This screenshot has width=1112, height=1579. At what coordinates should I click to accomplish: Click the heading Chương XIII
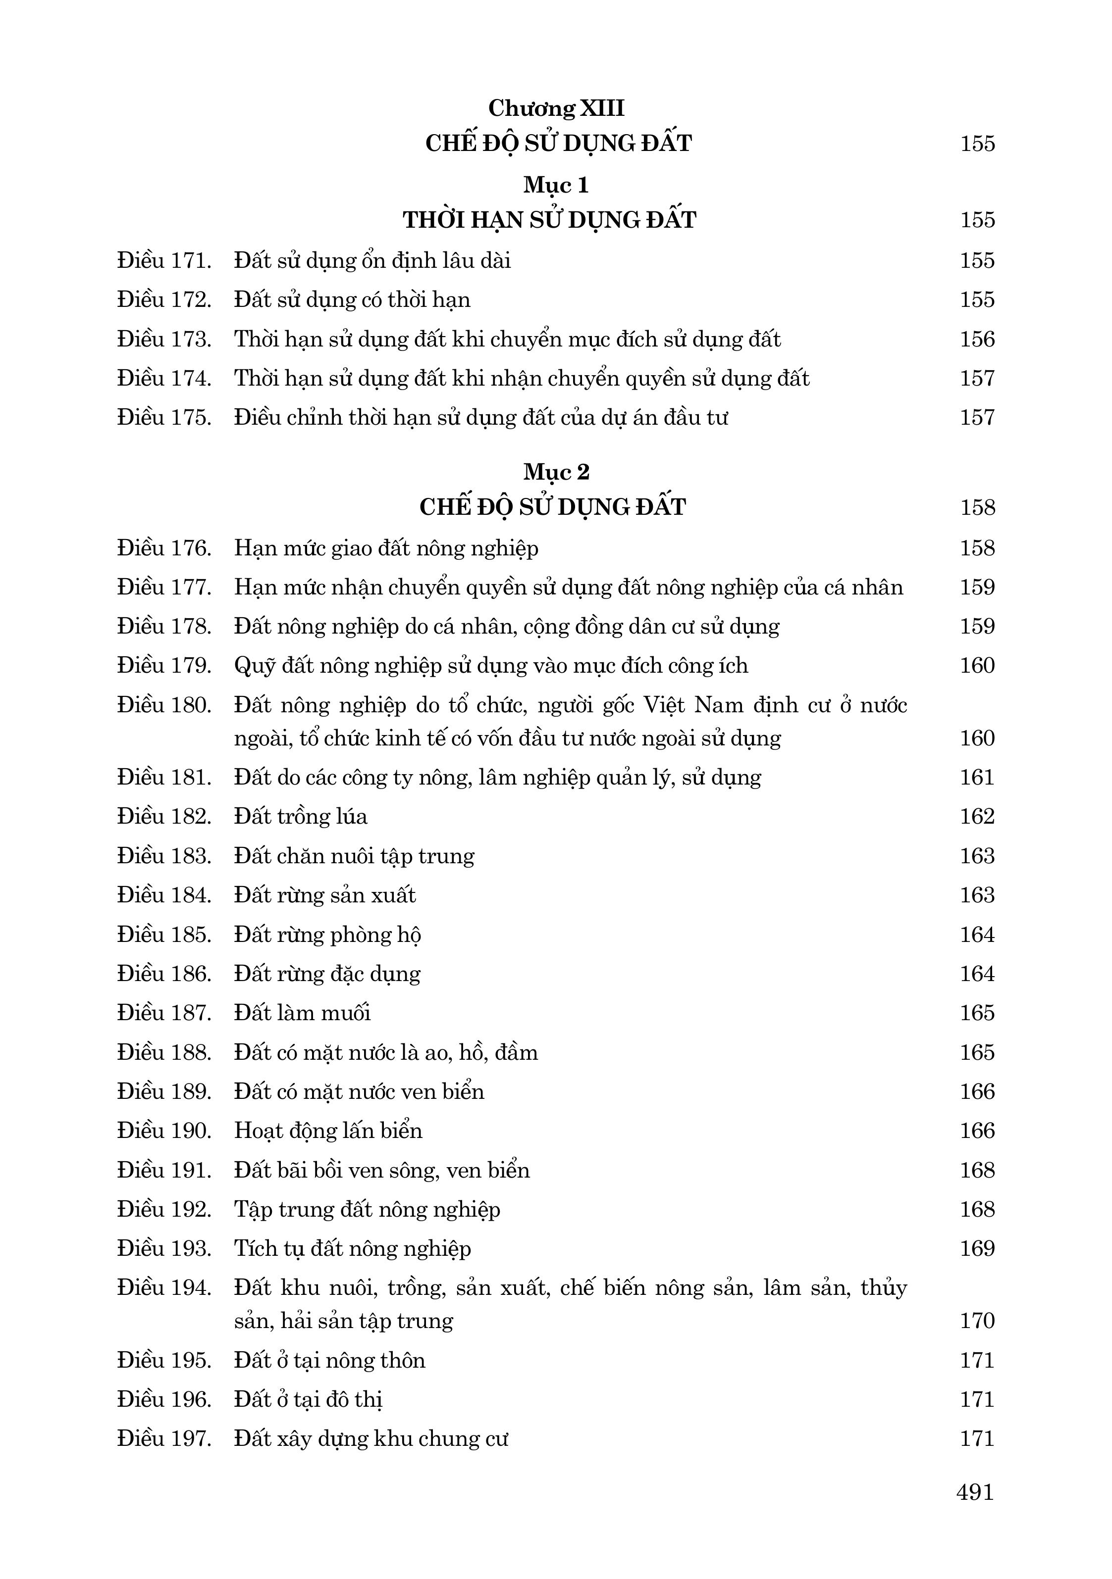pyautogui.click(x=556, y=108)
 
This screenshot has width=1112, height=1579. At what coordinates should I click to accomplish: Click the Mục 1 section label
pyautogui.click(x=556, y=185)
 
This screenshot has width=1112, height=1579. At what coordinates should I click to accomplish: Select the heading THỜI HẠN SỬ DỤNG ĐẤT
pyautogui.click(x=549, y=220)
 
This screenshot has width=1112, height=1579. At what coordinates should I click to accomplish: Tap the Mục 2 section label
pyautogui.click(x=556, y=472)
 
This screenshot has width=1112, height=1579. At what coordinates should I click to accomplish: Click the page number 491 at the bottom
pyautogui.click(x=975, y=1492)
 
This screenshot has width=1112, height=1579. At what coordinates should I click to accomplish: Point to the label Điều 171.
pyautogui.click(x=164, y=261)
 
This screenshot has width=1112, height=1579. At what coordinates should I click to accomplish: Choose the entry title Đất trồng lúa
pyautogui.click(x=301, y=816)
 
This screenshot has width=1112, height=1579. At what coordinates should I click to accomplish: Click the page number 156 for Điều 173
pyautogui.click(x=977, y=339)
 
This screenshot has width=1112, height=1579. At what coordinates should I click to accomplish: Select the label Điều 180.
pyautogui.click(x=164, y=705)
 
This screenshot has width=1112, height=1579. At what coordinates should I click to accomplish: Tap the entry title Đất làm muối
pyautogui.click(x=302, y=1012)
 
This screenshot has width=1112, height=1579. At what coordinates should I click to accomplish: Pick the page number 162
pyautogui.click(x=977, y=816)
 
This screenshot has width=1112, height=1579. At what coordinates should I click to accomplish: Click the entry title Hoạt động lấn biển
pyautogui.click(x=328, y=1131)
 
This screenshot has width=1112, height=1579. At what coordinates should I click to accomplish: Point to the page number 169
pyautogui.click(x=977, y=1248)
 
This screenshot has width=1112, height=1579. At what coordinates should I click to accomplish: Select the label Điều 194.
pyautogui.click(x=164, y=1287)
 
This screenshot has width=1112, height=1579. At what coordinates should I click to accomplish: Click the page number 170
pyautogui.click(x=977, y=1321)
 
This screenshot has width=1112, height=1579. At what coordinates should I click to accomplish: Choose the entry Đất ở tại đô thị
pyautogui.click(x=308, y=1399)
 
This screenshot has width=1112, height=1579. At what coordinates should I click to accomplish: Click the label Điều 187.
pyautogui.click(x=164, y=1012)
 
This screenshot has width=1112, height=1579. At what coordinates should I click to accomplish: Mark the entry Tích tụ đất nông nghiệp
pyautogui.click(x=352, y=1248)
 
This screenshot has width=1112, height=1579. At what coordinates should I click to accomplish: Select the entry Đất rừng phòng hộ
pyautogui.click(x=327, y=935)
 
